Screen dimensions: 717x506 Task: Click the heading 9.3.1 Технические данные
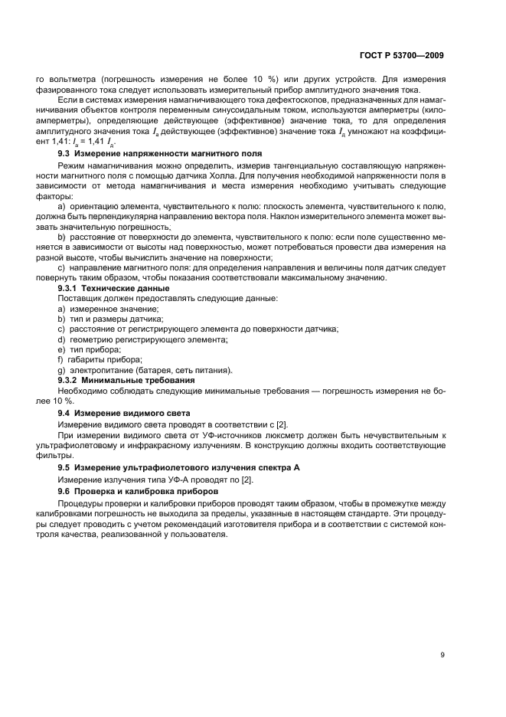click(114, 287)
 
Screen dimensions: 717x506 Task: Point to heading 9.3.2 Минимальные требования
click(126, 379)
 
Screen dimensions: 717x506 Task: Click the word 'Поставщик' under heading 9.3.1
click(80, 297)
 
